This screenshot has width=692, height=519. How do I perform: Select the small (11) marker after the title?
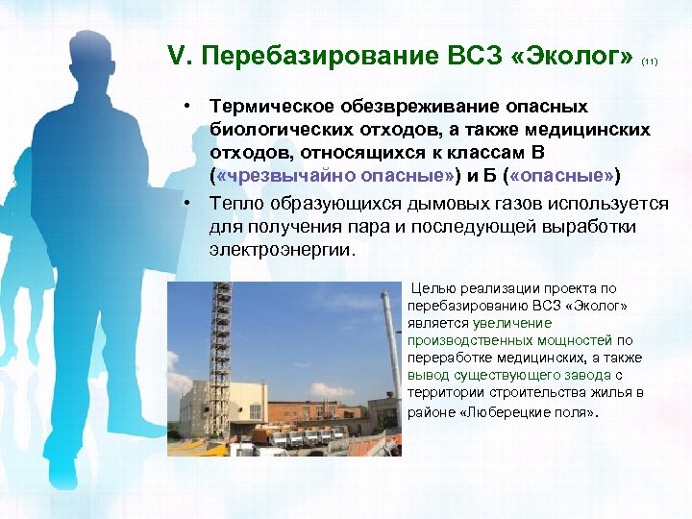[x=649, y=62]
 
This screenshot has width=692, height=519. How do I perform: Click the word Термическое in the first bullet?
[x=274, y=106]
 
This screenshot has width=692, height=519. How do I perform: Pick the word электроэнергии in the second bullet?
[x=283, y=250]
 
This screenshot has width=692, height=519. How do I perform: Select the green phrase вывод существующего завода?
[x=508, y=375]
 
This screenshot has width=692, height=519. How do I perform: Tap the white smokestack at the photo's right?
[x=391, y=356]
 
